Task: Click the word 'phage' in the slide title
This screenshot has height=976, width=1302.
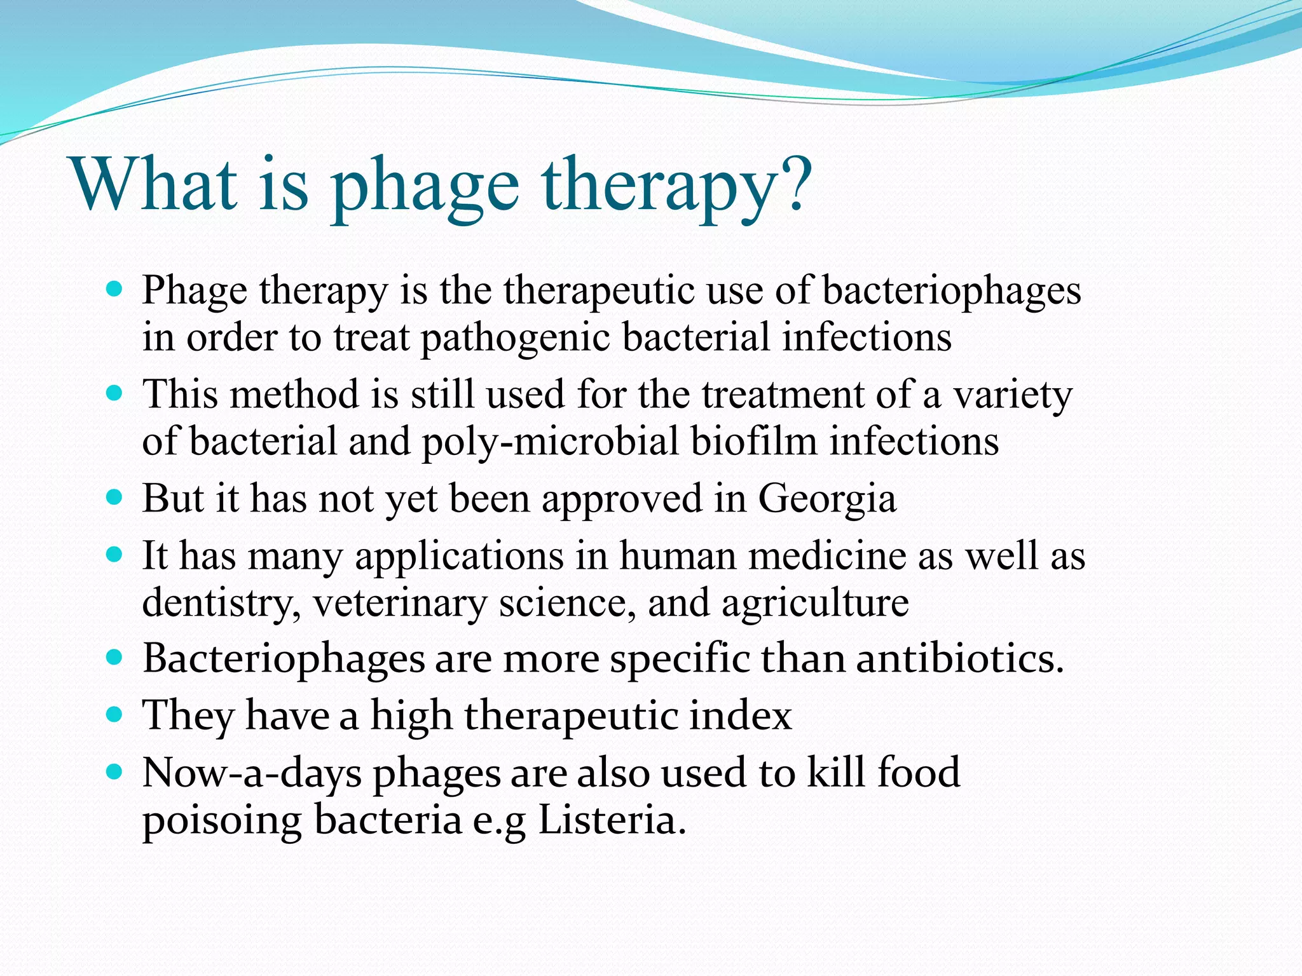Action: click(x=425, y=188)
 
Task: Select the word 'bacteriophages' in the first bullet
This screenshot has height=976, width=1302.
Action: click(x=952, y=292)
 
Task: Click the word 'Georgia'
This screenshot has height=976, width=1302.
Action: click(x=827, y=499)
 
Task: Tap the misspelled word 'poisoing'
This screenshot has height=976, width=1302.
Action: click(x=221, y=822)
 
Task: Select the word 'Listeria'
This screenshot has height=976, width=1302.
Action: click(x=612, y=820)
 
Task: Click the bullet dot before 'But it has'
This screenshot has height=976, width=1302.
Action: click(x=114, y=497)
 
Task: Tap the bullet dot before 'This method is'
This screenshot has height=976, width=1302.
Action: click(x=114, y=393)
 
